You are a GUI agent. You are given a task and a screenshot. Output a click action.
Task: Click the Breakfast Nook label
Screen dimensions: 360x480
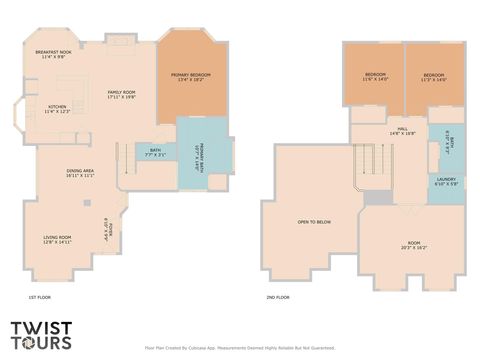point(52,55)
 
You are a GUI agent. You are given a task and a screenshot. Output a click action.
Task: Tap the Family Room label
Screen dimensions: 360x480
point(122,95)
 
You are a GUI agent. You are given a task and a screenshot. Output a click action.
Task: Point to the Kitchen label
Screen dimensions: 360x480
point(57,109)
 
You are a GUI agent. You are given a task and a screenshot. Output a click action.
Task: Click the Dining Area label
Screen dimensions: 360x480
point(80,173)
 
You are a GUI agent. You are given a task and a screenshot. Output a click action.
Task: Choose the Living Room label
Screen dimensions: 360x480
point(57,240)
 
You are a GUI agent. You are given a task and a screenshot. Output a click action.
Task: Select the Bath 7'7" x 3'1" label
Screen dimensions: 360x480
point(155,153)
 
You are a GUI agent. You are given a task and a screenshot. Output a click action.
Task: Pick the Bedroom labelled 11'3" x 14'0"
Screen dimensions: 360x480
point(433,77)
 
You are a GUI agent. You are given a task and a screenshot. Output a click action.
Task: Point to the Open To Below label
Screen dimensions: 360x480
point(314,222)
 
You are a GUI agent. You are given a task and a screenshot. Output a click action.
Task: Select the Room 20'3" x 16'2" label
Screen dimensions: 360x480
point(414,245)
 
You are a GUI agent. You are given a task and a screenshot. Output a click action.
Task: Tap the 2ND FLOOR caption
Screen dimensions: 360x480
point(278,297)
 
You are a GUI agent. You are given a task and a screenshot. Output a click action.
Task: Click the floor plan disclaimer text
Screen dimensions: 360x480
point(240,348)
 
